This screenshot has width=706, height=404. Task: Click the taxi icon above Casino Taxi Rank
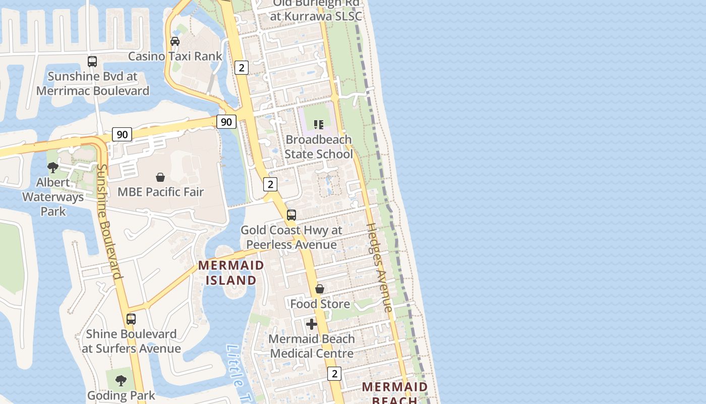[x=175, y=41]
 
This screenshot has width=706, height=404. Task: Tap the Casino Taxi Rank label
[x=175, y=56]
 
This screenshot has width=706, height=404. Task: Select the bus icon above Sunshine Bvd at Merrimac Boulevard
[x=92, y=62]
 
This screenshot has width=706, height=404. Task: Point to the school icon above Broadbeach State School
[x=318, y=124]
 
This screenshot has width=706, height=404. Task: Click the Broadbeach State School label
[x=318, y=146]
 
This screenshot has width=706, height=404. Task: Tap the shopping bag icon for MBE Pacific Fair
[x=160, y=177]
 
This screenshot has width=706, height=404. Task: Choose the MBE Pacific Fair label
[x=160, y=192]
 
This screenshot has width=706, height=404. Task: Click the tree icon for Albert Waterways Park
[x=53, y=167]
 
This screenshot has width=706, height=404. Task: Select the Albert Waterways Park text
[x=53, y=196]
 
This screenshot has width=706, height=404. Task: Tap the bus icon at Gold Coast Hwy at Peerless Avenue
[x=291, y=215]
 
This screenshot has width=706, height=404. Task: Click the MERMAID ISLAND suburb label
[x=231, y=272]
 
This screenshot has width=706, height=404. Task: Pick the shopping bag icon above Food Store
[x=320, y=289]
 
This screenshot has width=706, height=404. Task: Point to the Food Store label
[x=320, y=304]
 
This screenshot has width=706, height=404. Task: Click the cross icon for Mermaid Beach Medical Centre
[x=312, y=324]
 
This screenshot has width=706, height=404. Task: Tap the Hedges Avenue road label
[x=379, y=268]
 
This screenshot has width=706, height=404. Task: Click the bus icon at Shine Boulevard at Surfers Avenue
[x=131, y=319]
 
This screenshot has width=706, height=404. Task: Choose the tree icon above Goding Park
[x=121, y=380]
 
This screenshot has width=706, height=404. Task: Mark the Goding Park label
[x=121, y=395]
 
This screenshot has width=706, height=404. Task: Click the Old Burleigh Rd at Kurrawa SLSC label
[x=316, y=10]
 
